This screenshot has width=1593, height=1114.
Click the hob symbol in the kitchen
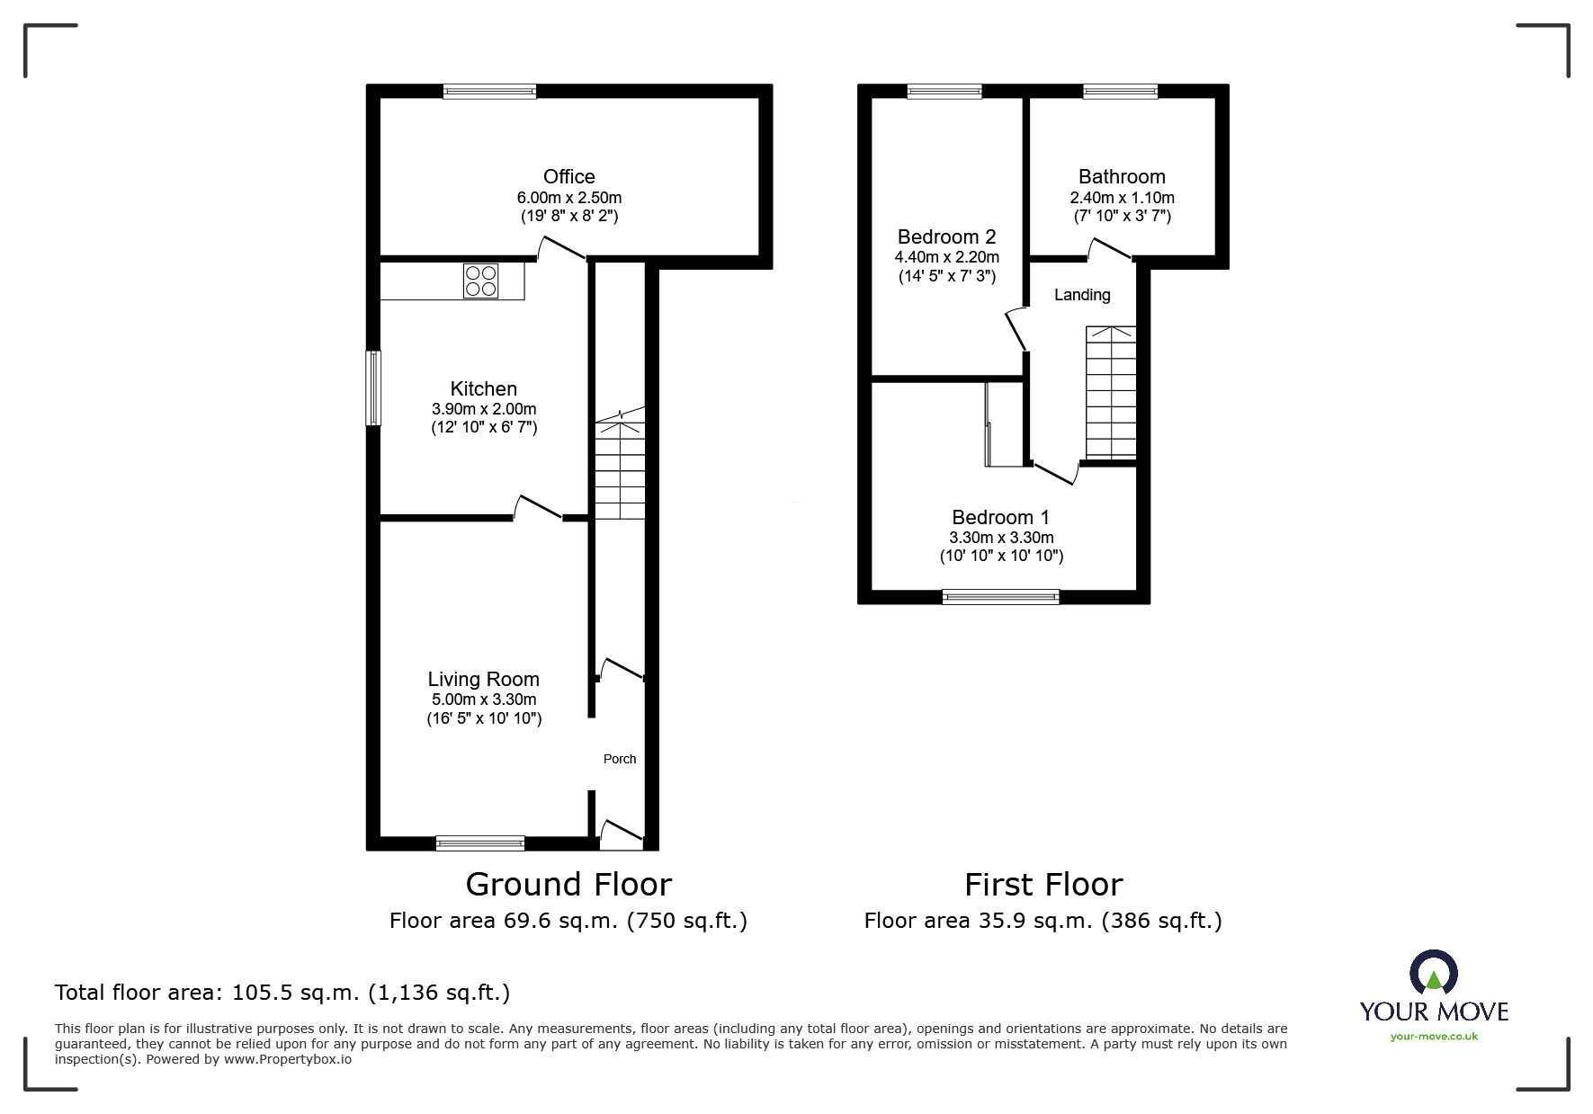(x=480, y=281)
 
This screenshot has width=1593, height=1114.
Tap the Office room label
(x=568, y=176)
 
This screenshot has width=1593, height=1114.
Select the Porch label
(x=619, y=759)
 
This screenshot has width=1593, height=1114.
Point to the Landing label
(x=1082, y=295)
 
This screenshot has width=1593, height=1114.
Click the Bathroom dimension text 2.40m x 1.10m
(x=1122, y=197)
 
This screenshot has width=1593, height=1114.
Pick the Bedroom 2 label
(x=946, y=236)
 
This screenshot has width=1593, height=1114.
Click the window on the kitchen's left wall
(x=373, y=388)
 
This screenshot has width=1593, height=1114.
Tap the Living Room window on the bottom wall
(x=479, y=842)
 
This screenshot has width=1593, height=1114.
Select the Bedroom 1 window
(x=1000, y=596)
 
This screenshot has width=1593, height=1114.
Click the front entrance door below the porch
(x=622, y=835)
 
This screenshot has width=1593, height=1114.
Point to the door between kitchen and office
(x=562, y=249)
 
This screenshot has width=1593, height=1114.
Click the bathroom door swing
(x=1110, y=250)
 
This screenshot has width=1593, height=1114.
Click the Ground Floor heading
(x=568, y=885)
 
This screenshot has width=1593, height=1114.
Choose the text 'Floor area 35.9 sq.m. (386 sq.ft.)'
(x=1043, y=921)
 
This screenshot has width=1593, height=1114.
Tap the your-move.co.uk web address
(x=1434, y=1037)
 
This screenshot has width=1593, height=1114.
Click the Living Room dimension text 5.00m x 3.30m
(x=483, y=700)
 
